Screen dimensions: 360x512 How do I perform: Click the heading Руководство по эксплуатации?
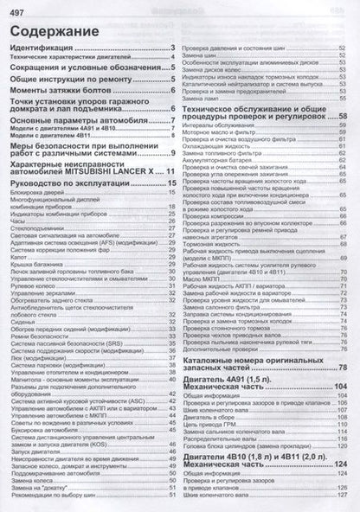click(73, 185)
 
